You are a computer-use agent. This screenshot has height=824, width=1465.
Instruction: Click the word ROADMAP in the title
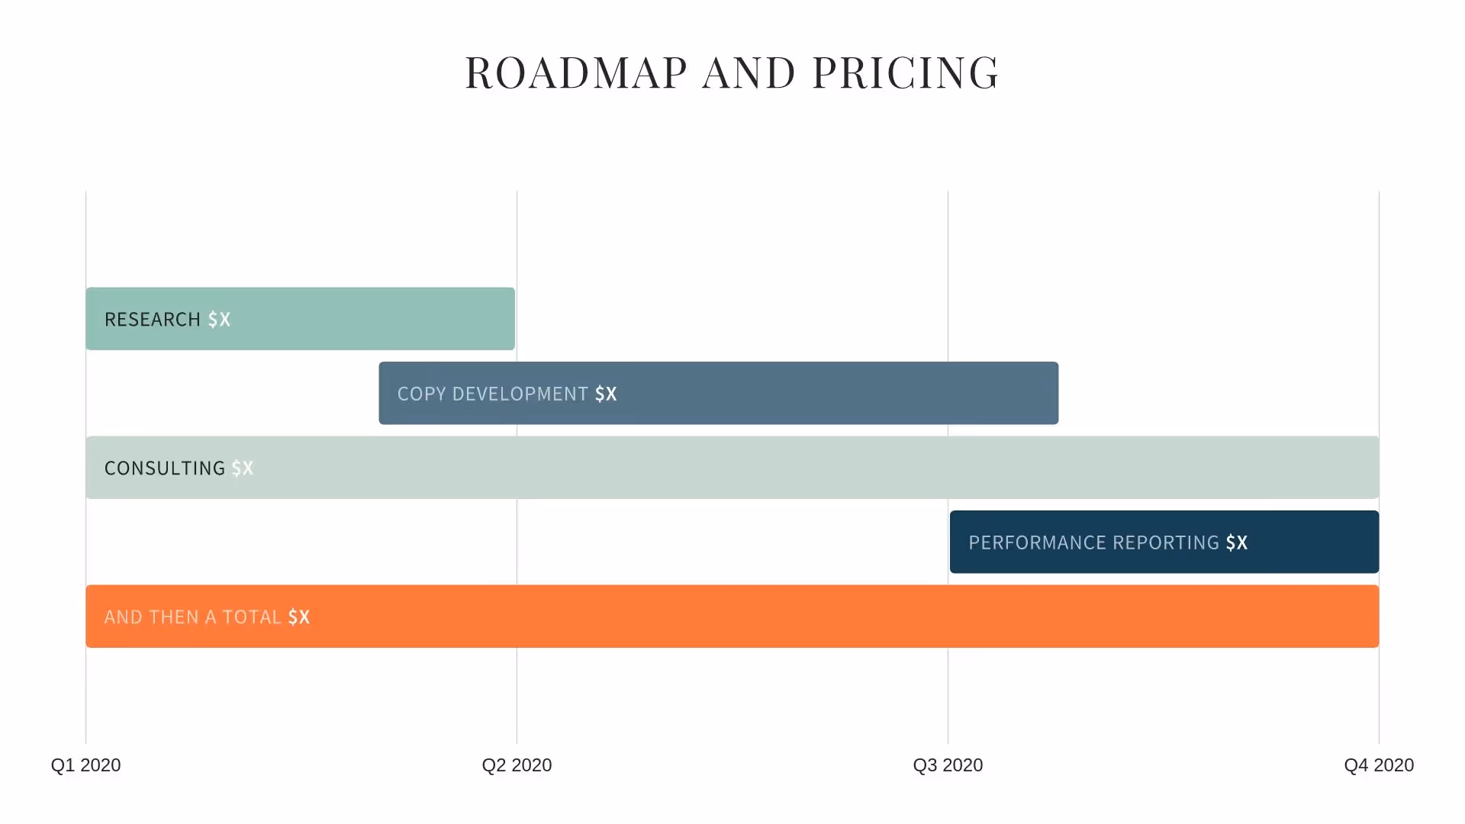576,73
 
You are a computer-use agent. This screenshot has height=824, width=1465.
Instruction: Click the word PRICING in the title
905,73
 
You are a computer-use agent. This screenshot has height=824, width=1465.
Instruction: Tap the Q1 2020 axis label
85,765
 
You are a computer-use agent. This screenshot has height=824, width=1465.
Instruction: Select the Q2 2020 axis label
517,765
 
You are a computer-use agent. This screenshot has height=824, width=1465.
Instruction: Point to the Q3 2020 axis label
948,765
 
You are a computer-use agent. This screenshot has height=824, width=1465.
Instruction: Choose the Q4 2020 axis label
1378,765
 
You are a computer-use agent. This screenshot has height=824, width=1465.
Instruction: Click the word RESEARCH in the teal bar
152,320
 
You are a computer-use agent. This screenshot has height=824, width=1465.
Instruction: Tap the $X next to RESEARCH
219,320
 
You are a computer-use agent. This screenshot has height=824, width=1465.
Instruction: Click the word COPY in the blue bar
421,394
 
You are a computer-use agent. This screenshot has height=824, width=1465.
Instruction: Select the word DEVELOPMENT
520,394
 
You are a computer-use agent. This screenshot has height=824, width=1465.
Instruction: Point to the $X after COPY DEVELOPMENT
606,394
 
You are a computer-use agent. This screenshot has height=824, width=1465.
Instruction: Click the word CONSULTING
164,468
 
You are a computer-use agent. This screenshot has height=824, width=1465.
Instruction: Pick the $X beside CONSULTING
243,468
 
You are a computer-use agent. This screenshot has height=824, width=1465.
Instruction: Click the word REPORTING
1166,542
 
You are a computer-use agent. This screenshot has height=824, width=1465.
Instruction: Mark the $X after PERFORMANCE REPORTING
1237,542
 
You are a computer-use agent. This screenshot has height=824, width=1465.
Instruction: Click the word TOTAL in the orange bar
252,617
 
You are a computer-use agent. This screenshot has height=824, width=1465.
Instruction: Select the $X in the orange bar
299,617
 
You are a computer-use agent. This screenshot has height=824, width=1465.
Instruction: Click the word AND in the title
749,73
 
